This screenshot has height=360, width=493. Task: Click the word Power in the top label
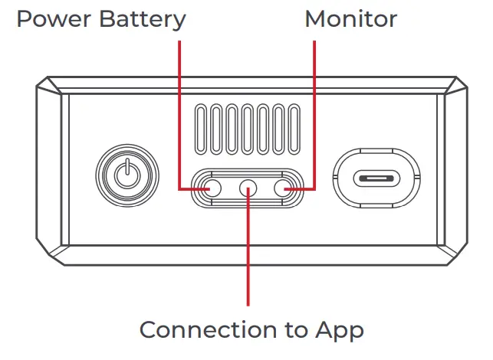(54, 19)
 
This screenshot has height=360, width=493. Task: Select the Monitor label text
(351, 19)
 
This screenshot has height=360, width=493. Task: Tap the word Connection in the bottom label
(208, 329)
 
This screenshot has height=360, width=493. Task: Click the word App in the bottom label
(340, 331)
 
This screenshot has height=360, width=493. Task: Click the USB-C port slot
(376, 178)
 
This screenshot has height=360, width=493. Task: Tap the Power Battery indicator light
(212, 188)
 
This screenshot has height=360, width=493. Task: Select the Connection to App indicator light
(248, 188)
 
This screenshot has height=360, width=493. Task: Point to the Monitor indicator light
(284, 188)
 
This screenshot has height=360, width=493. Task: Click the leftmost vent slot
(201, 129)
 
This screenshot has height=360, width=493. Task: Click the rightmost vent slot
(294, 129)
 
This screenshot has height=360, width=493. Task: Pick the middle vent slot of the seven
(248, 129)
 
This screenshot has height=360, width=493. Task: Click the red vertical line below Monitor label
(314, 115)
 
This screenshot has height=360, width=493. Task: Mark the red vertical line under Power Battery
(179, 115)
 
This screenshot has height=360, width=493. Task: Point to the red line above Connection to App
(248, 247)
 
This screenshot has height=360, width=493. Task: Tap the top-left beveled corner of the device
(48, 86)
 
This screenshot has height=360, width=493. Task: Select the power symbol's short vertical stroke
(127, 166)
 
